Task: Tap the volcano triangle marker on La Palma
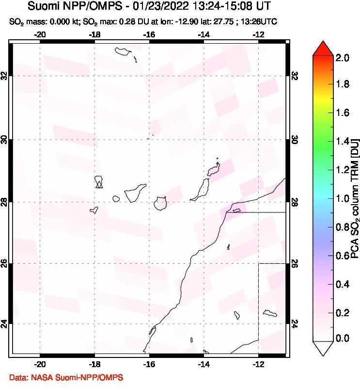(99, 184)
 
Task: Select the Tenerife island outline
(135, 193)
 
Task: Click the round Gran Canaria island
(160, 204)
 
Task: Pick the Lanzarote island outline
(213, 170)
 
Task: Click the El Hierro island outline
(94, 210)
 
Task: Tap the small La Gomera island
(116, 198)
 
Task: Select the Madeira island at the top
(121, 50)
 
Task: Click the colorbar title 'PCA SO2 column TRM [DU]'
(355, 198)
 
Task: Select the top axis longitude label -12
(259, 34)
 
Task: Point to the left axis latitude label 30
(5, 140)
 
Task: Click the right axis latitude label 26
(295, 263)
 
